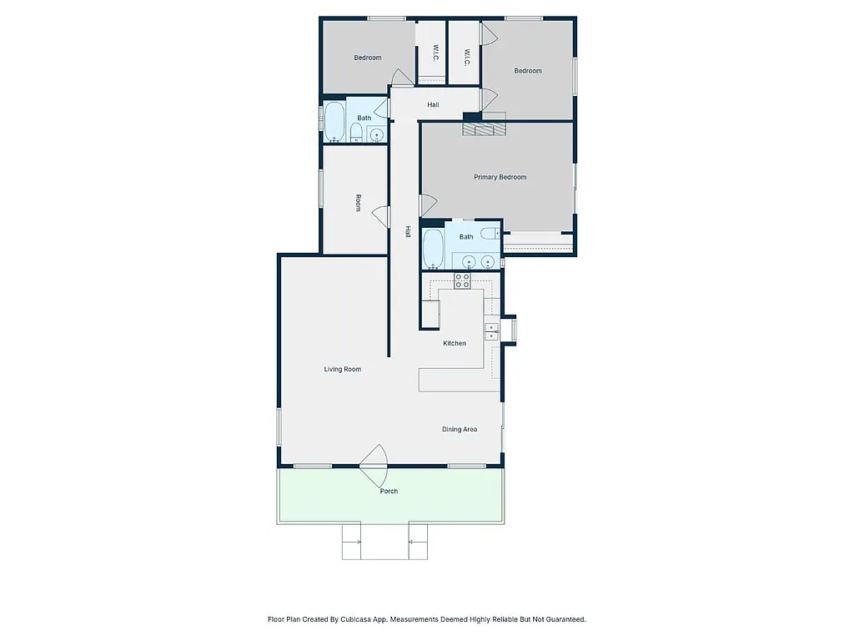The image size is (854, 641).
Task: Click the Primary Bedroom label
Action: point(500,177)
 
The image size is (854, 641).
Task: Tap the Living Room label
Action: point(342,369)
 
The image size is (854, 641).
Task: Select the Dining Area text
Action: point(459,429)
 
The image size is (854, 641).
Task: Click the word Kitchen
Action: point(454,343)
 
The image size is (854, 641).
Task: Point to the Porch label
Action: point(389,491)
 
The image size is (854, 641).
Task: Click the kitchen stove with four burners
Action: point(462,280)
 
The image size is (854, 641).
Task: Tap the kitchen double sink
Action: point(492,331)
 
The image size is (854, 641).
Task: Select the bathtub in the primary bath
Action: point(433,248)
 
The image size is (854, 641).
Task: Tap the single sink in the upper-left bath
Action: point(377,134)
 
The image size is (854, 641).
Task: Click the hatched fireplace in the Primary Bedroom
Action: point(484,128)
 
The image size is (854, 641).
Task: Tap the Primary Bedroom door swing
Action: point(428,204)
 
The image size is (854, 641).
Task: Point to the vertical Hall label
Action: point(408,231)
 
